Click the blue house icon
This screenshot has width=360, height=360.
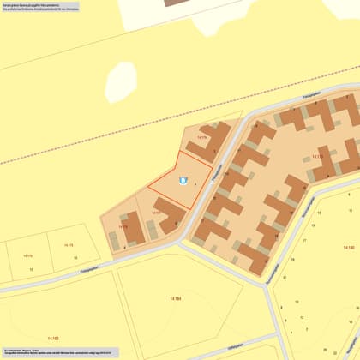coord(181,180)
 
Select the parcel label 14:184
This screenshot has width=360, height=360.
coord(175,297)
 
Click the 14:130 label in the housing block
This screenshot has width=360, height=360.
coord(317,157)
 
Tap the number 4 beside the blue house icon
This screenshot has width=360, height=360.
coord(195,183)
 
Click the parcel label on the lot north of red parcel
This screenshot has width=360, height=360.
coord(202,136)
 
